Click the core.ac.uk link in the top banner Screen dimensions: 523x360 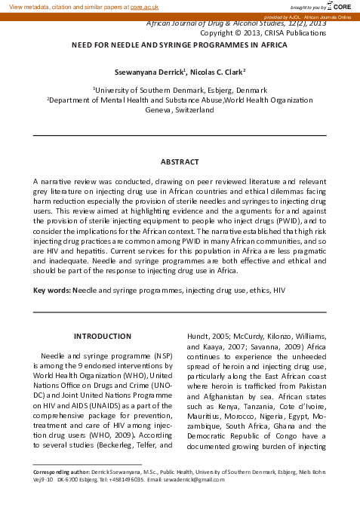tap(146, 6)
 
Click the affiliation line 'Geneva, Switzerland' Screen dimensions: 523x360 tap(180, 109)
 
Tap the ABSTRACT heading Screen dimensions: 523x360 tap(180, 162)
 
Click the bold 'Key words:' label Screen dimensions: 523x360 tap(52, 290)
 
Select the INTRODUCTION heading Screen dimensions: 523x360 tap(102, 336)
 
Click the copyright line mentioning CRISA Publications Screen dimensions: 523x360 tap(263, 33)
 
